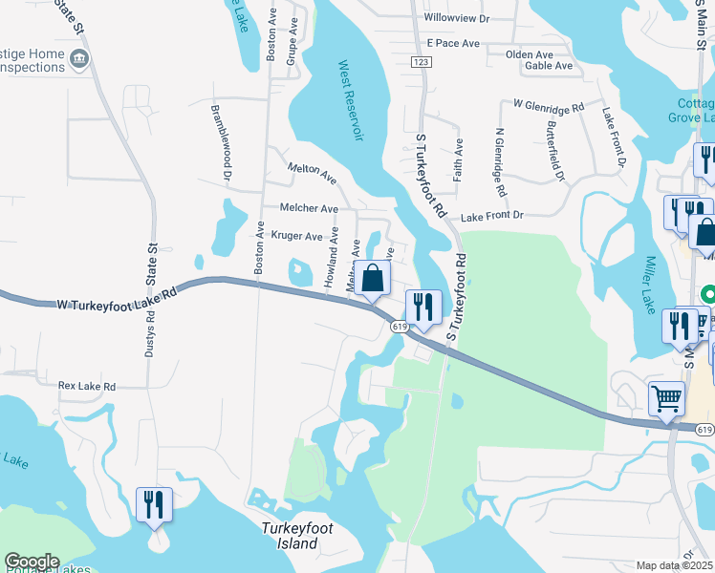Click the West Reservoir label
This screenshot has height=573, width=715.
(352, 100)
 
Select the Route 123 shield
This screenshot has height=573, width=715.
(420, 61)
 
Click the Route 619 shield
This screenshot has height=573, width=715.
(400, 327)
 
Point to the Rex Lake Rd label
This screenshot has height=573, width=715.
(86, 387)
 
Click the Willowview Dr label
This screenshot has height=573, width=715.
(456, 18)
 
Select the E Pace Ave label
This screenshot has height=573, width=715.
(454, 44)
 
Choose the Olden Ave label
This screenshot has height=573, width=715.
(530, 54)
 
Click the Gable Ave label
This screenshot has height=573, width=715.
(549, 66)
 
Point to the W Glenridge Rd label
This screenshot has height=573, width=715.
(549, 104)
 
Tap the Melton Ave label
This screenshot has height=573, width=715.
(313, 173)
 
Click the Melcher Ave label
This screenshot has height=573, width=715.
(309, 208)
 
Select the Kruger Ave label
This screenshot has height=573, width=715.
(297, 235)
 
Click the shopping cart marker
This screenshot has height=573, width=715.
(666, 397)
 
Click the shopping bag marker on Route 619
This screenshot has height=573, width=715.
(374, 279)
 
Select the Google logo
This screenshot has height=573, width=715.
(32, 562)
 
